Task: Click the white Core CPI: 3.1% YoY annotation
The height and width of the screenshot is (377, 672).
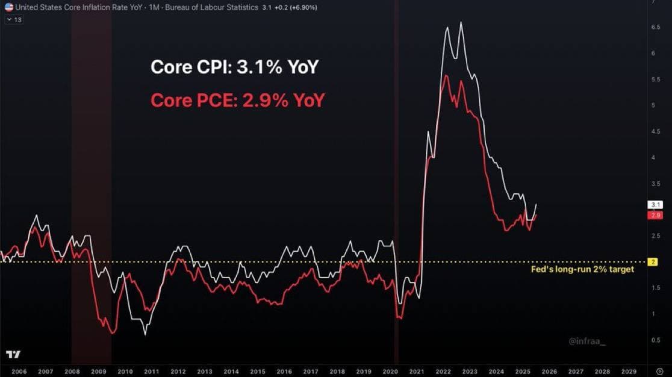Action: [x=234, y=67]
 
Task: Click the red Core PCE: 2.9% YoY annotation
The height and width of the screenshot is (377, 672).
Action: [x=237, y=100]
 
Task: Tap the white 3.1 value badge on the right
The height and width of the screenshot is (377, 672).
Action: [x=655, y=205]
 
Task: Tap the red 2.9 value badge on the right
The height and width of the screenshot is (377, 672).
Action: [x=655, y=215]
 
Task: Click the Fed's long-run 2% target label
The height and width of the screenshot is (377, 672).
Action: [x=582, y=269]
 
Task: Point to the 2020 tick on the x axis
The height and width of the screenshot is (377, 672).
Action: [x=390, y=372]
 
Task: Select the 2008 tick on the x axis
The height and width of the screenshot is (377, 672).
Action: [x=72, y=372]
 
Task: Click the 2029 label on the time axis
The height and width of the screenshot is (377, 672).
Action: [x=628, y=372]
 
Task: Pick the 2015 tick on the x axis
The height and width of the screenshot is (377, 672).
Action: [x=258, y=372]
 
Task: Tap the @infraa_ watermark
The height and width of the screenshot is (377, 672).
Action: [x=586, y=341]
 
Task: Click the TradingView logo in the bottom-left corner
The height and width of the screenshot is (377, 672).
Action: [x=13, y=354]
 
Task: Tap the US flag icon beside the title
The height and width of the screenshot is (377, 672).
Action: [x=8, y=7]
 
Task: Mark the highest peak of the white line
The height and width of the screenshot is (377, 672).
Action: [x=461, y=22]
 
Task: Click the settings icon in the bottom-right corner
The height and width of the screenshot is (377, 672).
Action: [x=659, y=372]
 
